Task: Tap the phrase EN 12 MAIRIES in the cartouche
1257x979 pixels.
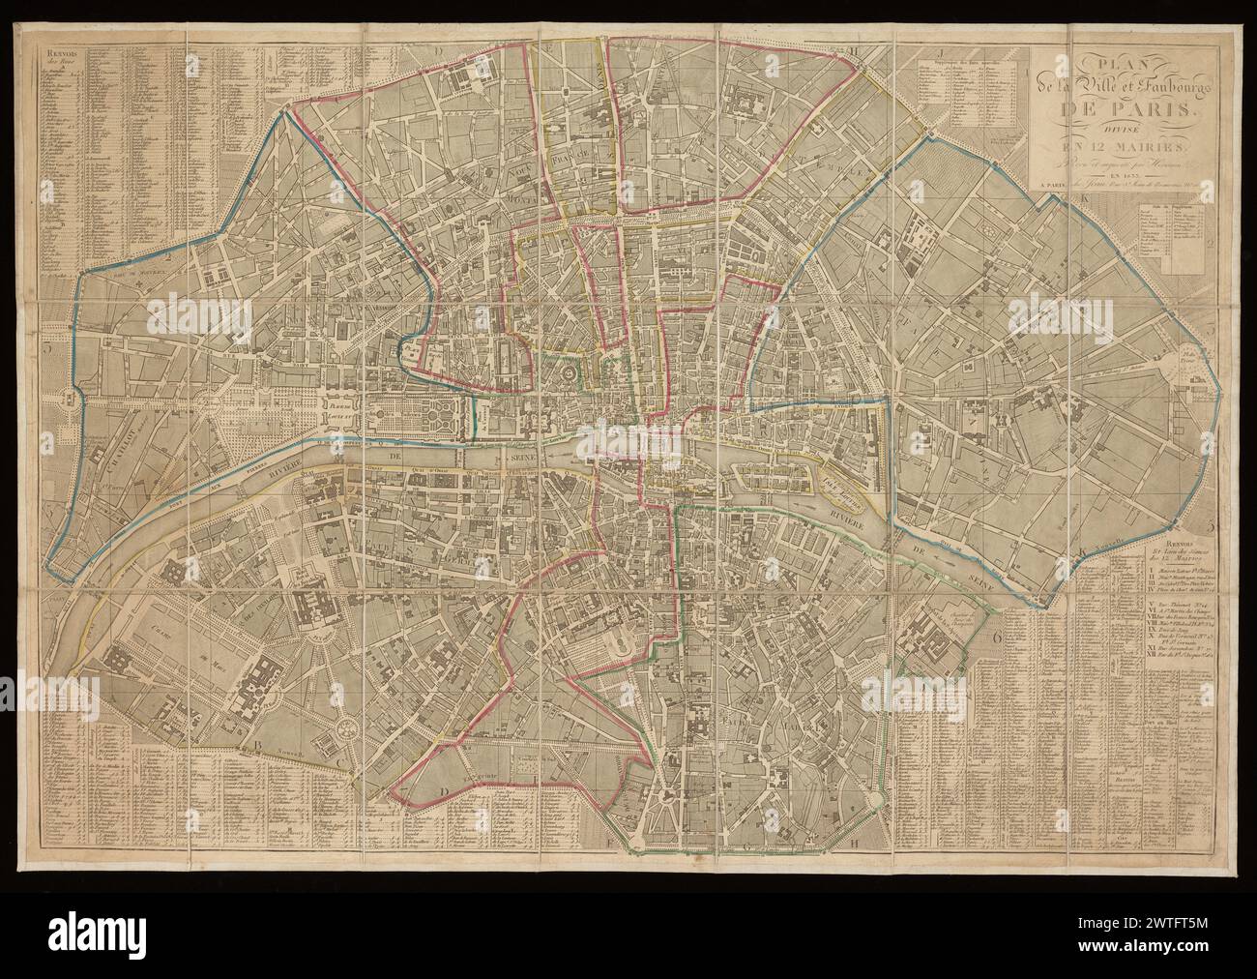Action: tap(1102, 146)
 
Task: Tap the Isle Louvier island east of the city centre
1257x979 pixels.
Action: tap(839, 477)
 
